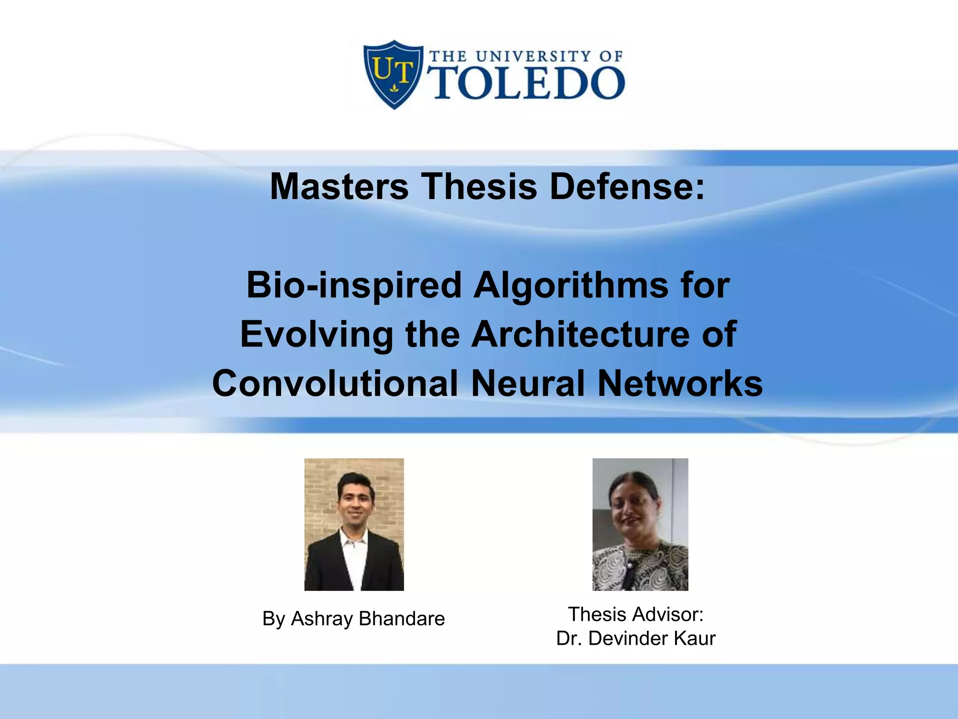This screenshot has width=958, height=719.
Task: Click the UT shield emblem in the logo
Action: (x=393, y=74)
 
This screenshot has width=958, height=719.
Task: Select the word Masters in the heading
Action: (x=339, y=186)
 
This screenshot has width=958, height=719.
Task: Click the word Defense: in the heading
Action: (x=627, y=186)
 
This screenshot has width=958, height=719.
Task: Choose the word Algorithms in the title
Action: (x=571, y=286)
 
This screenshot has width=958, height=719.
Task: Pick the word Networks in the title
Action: (x=680, y=383)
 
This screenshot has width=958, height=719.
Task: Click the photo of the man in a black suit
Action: (x=354, y=524)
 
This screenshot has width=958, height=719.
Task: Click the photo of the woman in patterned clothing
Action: (x=640, y=524)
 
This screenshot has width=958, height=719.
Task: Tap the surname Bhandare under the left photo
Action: (x=402, y=619)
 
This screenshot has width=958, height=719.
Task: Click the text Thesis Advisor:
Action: (x=636, y=615)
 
